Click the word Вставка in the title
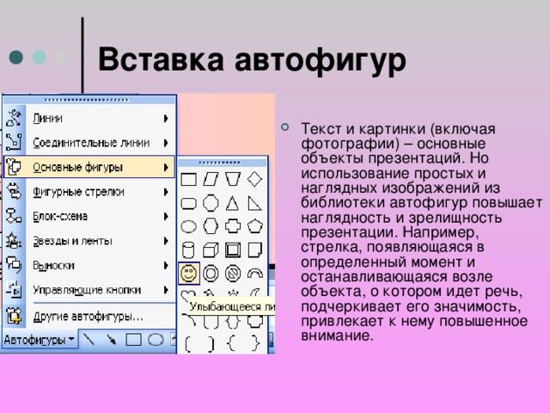161,59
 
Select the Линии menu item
48,119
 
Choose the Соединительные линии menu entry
91,143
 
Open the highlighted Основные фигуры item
77,168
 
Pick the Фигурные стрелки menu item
78,192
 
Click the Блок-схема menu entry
60,216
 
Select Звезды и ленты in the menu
72,241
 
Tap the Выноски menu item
53,266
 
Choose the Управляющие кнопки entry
87,290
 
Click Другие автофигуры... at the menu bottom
88,317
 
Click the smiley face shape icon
189,274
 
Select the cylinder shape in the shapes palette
188,250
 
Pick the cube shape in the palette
211,250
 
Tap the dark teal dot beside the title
16,58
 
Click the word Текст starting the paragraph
321,129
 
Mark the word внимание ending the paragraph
337,336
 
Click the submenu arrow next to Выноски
166,266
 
